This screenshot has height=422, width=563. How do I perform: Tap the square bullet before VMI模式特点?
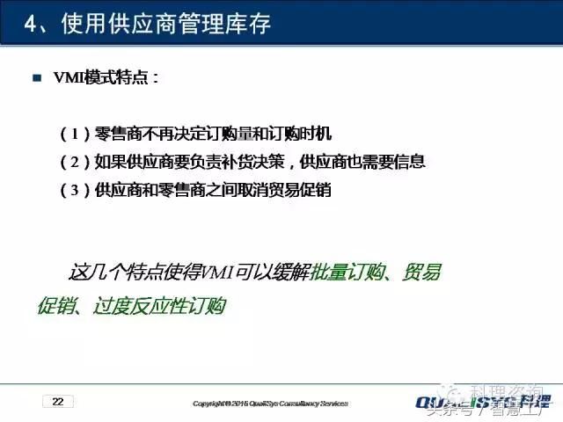[37, 78]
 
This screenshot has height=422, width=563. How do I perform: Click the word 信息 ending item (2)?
[410, 162]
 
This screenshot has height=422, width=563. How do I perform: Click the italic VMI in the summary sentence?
[216, 273]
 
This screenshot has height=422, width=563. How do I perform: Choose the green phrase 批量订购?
[349, 273]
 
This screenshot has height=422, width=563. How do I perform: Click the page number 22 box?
[58, 402]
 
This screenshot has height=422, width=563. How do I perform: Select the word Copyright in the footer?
[212, 404]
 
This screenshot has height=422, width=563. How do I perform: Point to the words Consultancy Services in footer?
[312, 404]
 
